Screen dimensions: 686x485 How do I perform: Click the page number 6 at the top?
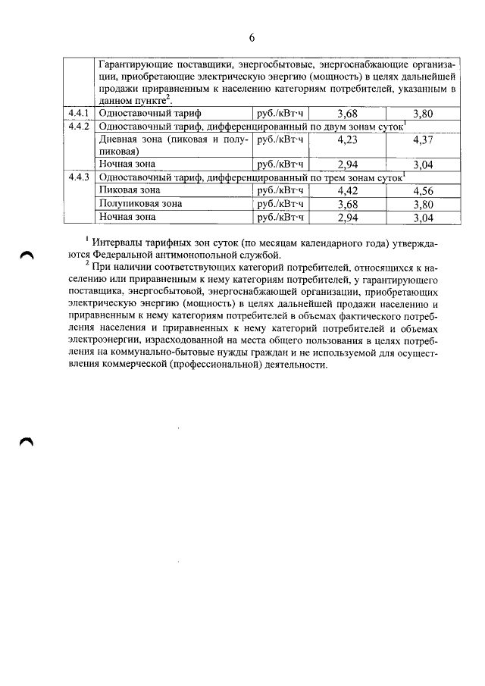[251, 39]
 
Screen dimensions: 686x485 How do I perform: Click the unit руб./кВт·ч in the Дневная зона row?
[280, 139]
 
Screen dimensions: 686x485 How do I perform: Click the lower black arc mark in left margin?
[27, 443]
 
